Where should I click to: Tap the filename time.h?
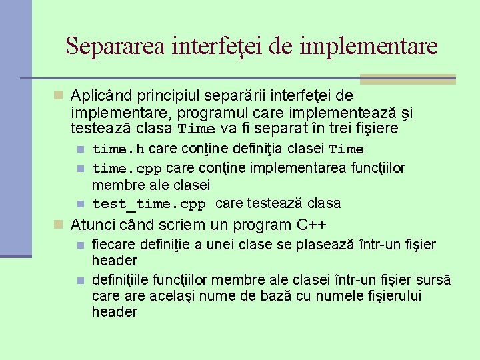pyautogui.click(x=118, y=148)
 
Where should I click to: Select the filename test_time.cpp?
pyautogui.click(x=149, y=203)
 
